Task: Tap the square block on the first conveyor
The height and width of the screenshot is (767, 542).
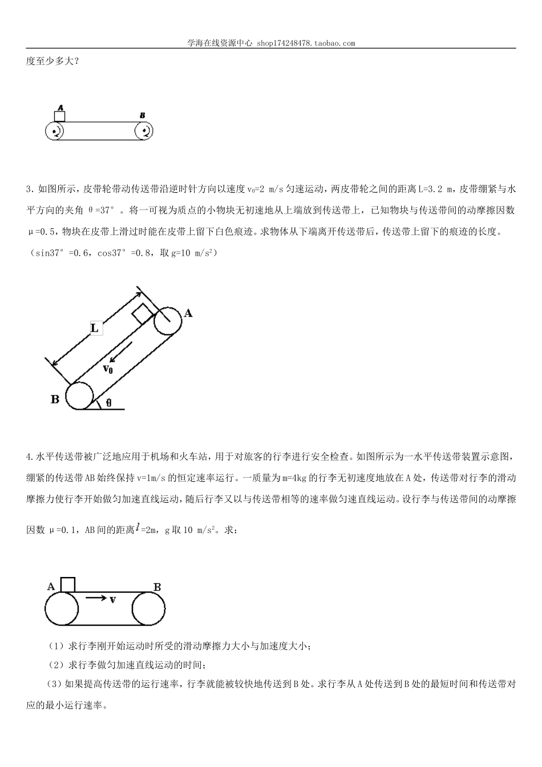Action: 59,116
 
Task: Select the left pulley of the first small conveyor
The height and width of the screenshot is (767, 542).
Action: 55,132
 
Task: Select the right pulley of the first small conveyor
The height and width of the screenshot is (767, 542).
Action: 144,132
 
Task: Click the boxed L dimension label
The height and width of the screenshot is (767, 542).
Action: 95,328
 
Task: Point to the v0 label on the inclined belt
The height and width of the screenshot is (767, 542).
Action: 108,369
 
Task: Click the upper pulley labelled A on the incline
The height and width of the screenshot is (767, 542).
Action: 167,321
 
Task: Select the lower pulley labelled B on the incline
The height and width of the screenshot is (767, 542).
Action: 79,395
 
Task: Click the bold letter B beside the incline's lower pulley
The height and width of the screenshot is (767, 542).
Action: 55,399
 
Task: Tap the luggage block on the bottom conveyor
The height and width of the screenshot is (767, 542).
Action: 67,585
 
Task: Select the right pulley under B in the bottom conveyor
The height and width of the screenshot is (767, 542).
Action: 149,610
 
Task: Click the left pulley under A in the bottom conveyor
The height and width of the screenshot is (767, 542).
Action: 62,610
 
